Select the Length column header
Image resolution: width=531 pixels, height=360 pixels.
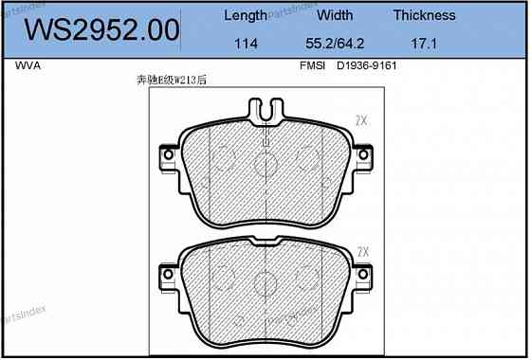(x=245, y=15)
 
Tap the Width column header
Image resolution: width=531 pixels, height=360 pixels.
(x=335, y=15)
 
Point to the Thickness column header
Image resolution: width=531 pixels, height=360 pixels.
(x=425, y=15)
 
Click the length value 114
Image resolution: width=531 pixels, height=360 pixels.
(x=245, y=45)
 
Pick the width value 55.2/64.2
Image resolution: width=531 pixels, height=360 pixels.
(x=335, y=45)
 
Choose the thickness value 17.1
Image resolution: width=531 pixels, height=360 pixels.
(x=425, y=45)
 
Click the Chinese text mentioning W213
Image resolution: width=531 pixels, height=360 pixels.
(x=172, y=81)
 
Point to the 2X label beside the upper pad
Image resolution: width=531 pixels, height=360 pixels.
(x=360, y=120)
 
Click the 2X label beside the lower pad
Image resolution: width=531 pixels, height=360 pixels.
(x=362, y=251)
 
